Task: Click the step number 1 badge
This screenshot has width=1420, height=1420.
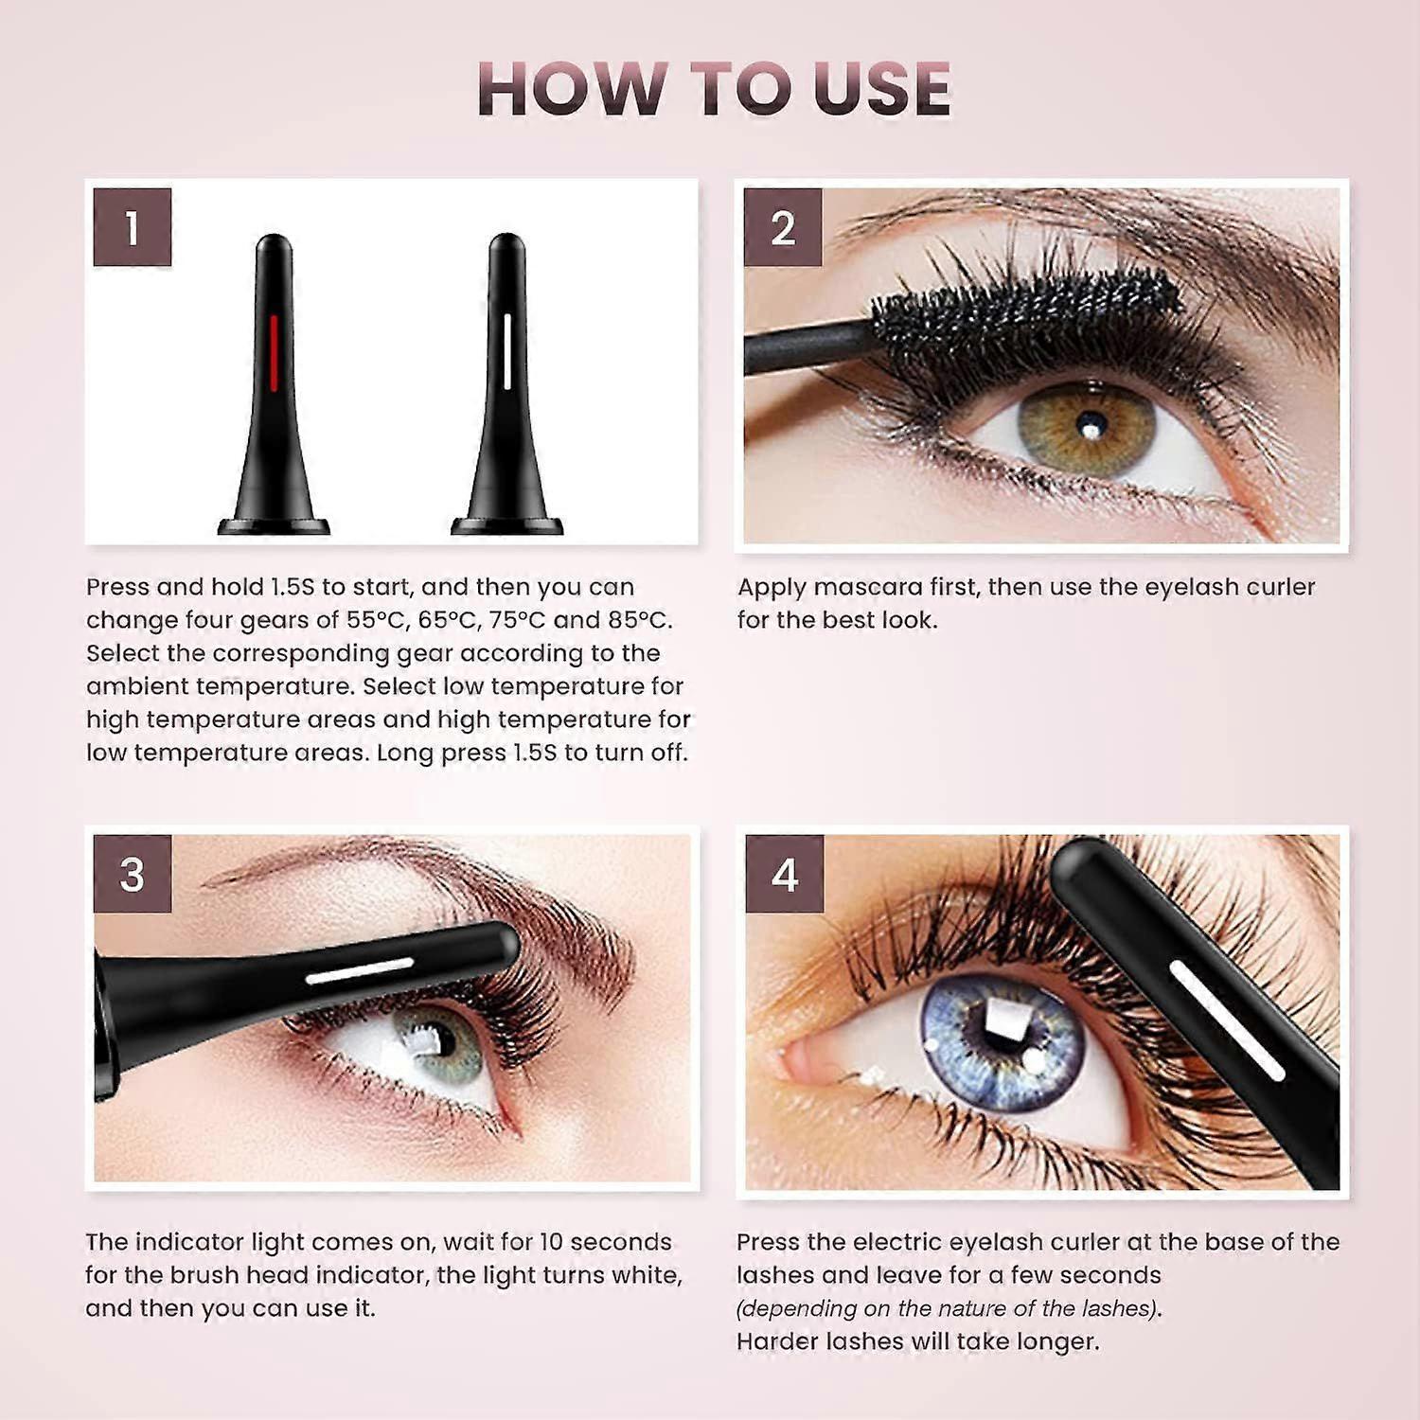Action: tap(133, 227)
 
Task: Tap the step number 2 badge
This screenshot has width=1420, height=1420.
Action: tap(783, 227)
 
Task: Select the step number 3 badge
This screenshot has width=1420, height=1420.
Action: tap(133, 874)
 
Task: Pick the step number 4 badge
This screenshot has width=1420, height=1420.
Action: tap(784, 874)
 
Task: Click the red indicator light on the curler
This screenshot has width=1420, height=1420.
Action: tap(273, 352)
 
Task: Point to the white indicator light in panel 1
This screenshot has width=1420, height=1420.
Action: tap(507, 352)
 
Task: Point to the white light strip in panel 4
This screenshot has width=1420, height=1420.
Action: tap(1227, 1021)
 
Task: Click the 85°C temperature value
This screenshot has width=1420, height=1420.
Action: tap(636, 620)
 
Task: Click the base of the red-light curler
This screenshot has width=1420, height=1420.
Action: tap(274, 525)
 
